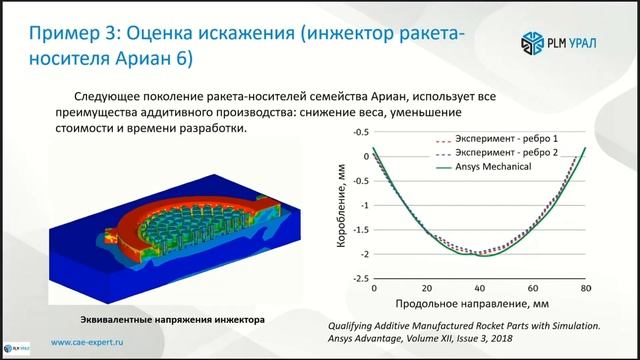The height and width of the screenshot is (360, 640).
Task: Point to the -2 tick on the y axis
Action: coord(362,254)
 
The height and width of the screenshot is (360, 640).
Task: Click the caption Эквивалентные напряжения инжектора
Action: coord(172,321)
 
